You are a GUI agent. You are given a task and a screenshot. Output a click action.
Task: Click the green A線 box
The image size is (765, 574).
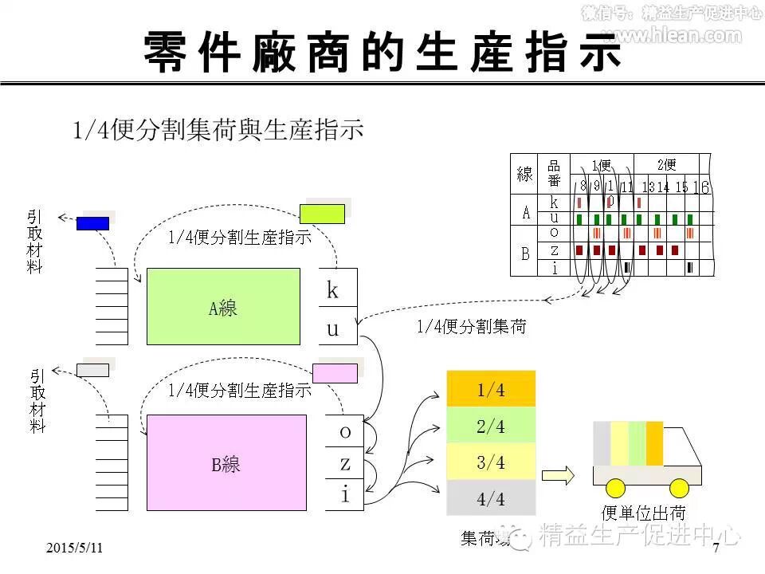[x=223, y=306]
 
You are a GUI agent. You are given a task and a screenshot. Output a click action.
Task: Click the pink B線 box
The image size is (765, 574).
[x=226, y=462]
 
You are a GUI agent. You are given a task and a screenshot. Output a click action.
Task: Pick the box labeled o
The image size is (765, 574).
[x=344, y=432]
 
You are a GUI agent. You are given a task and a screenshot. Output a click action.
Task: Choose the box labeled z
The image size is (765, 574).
[x=344, y=463]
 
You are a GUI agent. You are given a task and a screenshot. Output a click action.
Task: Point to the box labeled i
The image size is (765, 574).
[x=344, y=494]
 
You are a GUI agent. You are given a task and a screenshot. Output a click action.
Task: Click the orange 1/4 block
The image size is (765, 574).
[x=491, y=390]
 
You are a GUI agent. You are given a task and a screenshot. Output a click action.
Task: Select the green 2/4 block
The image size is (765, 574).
[x=491, y=426]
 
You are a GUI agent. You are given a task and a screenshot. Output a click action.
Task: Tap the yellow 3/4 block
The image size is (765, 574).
[x=491, y=462]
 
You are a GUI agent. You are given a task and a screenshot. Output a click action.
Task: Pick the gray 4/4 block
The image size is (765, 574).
[x=491, y=499]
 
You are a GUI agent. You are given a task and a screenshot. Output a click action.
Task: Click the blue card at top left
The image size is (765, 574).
[x=92, y=223]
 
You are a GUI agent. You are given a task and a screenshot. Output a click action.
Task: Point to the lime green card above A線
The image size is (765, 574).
[x=322, y=214]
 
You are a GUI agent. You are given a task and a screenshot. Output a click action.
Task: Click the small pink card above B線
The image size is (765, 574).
[x=335, y=373]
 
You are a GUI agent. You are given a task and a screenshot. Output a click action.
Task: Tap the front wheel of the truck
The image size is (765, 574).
[x=679, y=488]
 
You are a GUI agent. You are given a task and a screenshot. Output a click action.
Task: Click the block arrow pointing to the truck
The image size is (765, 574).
[x=558, y=476]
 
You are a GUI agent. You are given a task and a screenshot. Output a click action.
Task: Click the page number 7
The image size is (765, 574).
[x=716, y=548]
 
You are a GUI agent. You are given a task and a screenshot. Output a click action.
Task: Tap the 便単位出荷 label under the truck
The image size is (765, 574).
[x=643, y=513]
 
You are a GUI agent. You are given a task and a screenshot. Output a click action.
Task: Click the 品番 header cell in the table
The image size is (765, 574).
[x=554, y=174]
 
